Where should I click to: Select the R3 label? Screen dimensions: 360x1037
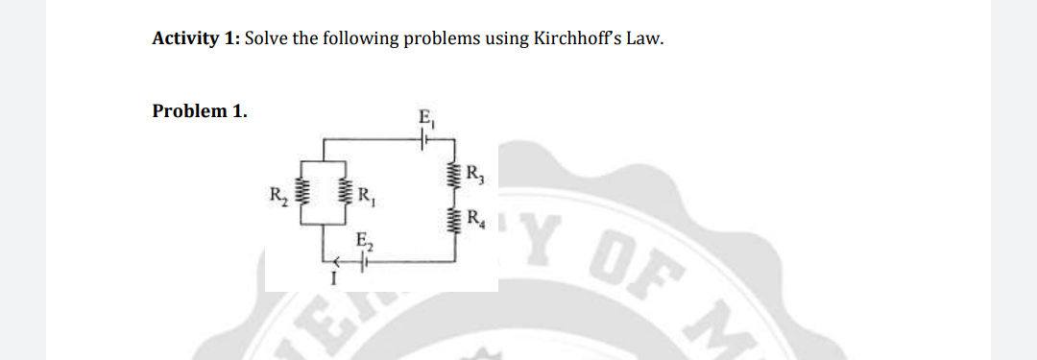474,175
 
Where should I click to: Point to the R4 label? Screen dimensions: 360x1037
474,217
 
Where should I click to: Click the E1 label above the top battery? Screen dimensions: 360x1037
425,121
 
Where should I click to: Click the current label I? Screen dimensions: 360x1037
331,279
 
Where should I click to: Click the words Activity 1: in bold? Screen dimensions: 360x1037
196,39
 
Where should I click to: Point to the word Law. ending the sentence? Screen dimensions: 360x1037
644,39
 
